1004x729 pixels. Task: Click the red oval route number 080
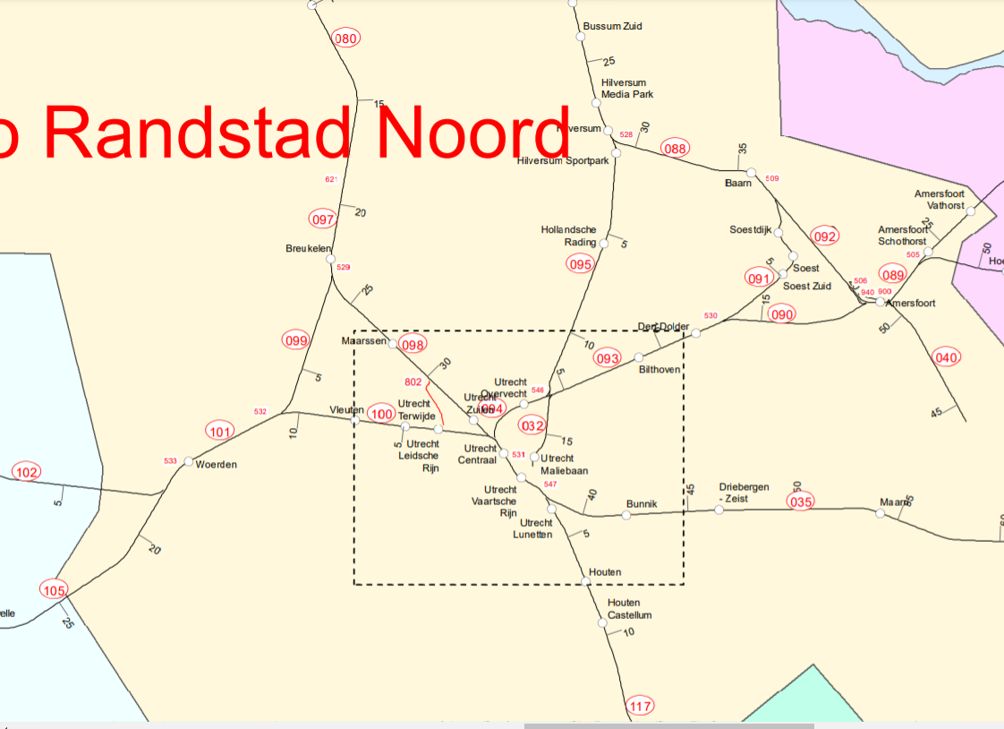tap(345, 38)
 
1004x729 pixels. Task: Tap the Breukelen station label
tap(308, 248)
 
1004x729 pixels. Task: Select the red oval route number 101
tap(220, 432)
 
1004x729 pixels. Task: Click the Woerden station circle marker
tap(188, 462)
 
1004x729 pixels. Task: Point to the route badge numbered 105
tap(54, 590)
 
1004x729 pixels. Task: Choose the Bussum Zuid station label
tap(612, 26)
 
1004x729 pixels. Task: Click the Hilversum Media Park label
tap(627, 88)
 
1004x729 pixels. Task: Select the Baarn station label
tap(737, 183)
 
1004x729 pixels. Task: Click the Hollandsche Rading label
tap(569, 236)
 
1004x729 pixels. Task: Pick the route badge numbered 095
tap(580, 264)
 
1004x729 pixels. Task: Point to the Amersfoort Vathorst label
tap(940, 199)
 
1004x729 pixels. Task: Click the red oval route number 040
tap(946, 357)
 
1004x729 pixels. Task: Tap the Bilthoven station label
tap(659, 369)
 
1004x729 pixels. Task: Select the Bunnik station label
tap(642, 503)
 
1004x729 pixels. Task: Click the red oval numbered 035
tap(801, 502)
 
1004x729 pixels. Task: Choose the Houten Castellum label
tap(630, 609)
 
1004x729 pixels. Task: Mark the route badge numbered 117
tap(641, 707)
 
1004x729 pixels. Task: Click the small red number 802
tap(413, 382)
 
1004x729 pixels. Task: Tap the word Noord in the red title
tap(472, 132)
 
